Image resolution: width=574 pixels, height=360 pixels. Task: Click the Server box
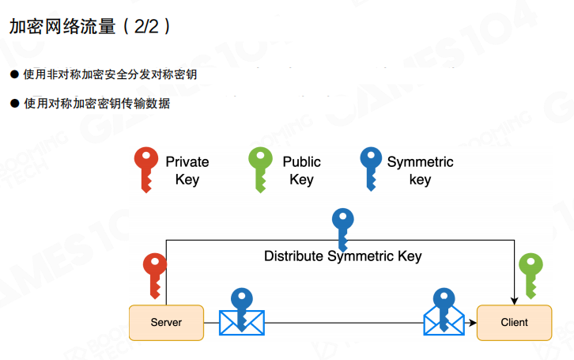[x=166, y=322]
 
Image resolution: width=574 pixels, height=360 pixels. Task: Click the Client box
[x=514, y=322]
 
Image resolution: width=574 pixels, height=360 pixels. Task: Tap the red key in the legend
[x=145, y=169]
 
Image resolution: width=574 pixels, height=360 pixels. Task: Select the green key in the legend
[x=261, y=169]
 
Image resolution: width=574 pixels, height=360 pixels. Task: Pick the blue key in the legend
[x=370, y=169]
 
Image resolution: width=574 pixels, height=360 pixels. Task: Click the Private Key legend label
[x=187, y=171]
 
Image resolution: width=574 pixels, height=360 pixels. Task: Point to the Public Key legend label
[x=301, y=171]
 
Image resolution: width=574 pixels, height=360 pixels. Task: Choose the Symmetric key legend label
[x=420, y=171]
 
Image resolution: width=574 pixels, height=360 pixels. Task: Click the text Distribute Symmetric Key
[x=342, y=256]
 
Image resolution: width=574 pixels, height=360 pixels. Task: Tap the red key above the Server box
[x=154, y=274]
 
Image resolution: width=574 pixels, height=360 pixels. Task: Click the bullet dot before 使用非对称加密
[x=13, y=74]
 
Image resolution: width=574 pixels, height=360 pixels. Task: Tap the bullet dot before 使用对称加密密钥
[x=13, y=103]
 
